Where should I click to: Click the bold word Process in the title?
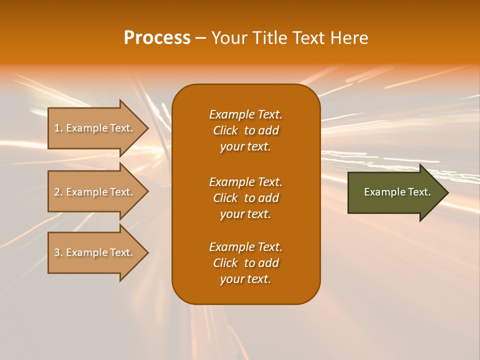tap(157, 38)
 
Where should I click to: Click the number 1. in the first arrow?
tap(58, 128)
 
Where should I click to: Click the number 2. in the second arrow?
tap(58, 192)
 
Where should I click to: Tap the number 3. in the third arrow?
tap(58, 252)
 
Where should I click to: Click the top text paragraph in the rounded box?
tap(245, 130)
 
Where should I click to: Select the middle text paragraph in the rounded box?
tap(245, 198)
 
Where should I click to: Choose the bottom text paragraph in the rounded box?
tap(245, 263)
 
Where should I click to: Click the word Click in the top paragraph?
tap(225, 130)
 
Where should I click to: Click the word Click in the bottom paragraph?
tap(225, 263)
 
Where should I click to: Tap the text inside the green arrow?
tap(397, 192)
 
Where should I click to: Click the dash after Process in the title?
tap(200, 38)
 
